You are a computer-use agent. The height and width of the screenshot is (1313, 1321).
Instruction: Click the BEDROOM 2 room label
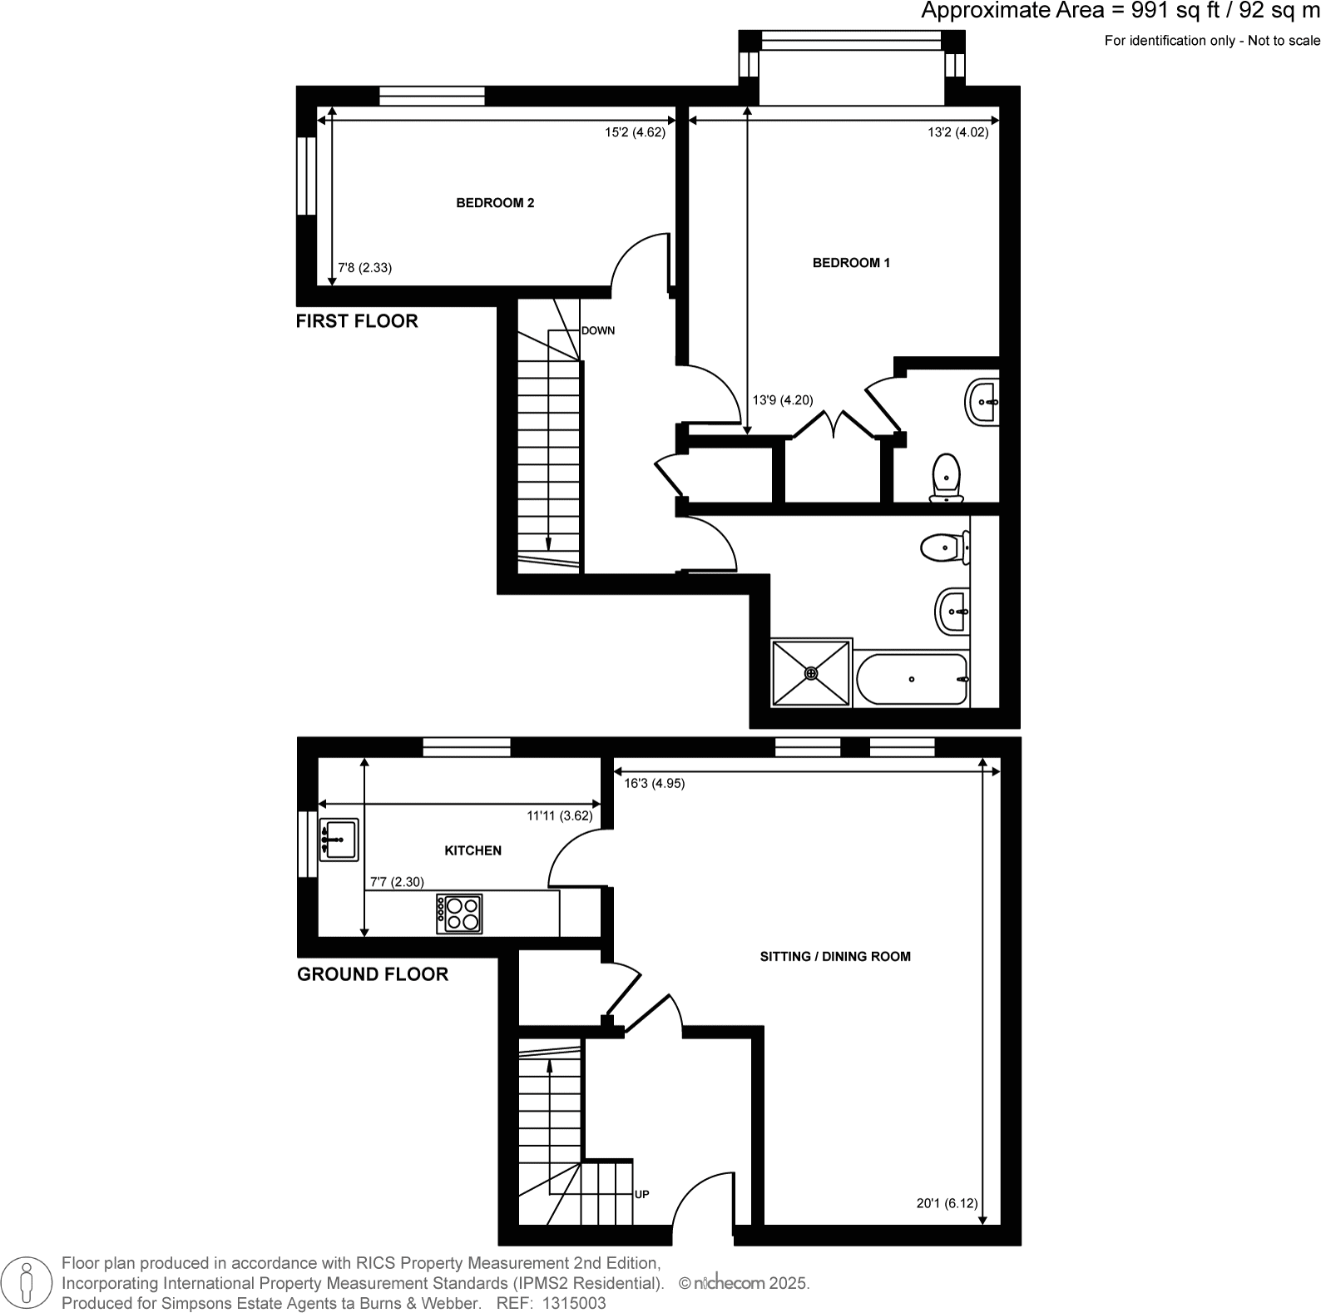(495, 203)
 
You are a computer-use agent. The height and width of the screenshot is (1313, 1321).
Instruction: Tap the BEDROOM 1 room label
(851, 263)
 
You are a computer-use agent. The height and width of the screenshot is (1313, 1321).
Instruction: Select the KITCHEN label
(472, 850)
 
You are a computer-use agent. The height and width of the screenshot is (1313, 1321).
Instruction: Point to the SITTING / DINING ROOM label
(835, 957)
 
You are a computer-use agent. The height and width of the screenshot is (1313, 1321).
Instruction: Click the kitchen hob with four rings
(459, 914)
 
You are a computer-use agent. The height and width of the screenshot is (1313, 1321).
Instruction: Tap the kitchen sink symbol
(339, 840)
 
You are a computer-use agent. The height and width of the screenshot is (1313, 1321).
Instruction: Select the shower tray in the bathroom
(811, 672)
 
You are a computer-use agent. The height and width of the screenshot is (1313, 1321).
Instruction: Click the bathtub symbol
(912, 679)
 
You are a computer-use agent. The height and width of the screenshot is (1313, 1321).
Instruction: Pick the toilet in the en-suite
(947, 478)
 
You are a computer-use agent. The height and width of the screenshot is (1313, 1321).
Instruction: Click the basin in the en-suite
(983, 404)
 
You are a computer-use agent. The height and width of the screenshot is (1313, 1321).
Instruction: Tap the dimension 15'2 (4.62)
(635, 131)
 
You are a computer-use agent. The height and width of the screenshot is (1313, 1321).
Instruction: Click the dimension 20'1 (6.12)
(947, 1202)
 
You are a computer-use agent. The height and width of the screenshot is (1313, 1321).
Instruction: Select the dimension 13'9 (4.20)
(782, 400)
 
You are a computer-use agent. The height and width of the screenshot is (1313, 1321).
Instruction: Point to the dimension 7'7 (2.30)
(397, 882)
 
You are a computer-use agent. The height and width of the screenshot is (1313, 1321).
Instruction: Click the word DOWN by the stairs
(598, 330)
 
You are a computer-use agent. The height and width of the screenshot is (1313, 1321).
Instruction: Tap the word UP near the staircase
(641, 1194)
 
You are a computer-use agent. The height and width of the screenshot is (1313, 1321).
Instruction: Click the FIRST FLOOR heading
(357, 321)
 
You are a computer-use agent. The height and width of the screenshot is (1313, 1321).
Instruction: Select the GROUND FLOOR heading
(372, 974)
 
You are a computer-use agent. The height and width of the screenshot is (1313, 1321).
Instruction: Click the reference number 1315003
(574, 1304)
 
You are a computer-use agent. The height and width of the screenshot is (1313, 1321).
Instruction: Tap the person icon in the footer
(27, 1282)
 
